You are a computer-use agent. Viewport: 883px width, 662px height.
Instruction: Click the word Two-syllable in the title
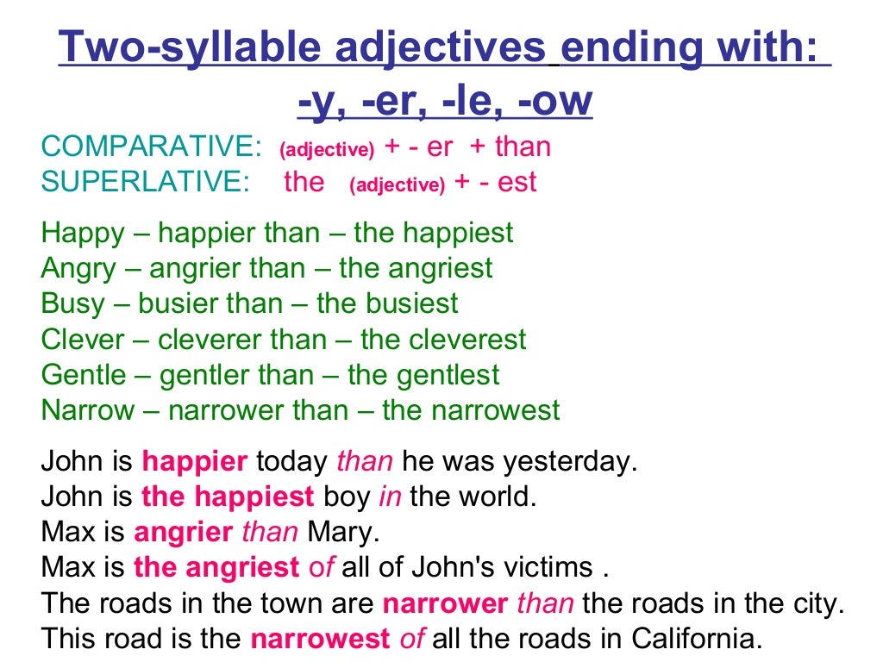point(152,47)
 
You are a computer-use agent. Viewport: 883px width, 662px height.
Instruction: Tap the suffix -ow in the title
point(557,103)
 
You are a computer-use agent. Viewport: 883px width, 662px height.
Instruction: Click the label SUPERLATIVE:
point(145,182)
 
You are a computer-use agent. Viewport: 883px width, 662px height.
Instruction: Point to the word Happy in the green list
point(83,233)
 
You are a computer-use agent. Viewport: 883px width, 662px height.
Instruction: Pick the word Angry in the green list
point(78,268)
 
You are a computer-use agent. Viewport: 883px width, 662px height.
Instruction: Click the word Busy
point(74,303)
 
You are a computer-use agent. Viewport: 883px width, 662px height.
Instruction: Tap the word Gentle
point(84,375)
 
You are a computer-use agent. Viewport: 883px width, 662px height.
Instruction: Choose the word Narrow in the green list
point(88,410)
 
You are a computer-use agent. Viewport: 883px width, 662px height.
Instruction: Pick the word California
point(697,640)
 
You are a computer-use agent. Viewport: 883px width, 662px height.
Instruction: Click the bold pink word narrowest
point(321,640)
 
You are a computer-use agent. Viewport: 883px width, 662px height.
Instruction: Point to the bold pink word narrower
point(445,604)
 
